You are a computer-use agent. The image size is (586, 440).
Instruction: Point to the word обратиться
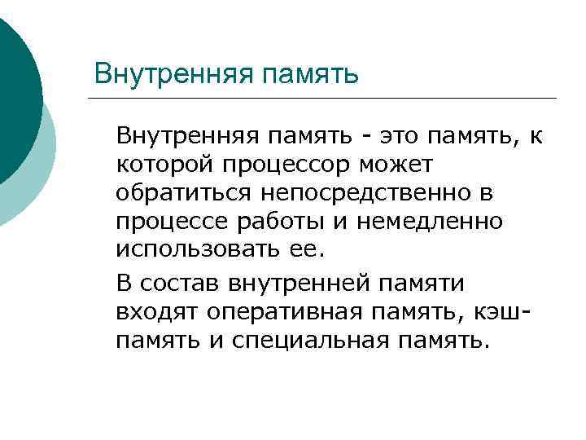(x=188, y=193)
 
